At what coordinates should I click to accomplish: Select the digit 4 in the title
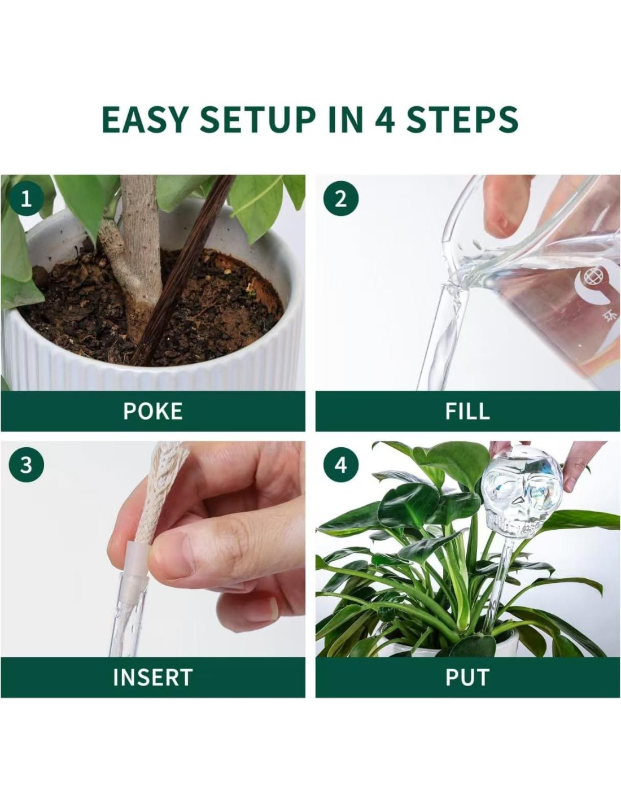click(x=384, y=119)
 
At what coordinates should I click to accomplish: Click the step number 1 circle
click(x=26, y=199)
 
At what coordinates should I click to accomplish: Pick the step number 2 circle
click(x=340, y=199)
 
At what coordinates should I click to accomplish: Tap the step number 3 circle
click(x=26, y=465)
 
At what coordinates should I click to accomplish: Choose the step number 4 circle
click(x=340, y=465)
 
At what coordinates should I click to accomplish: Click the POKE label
click(x=153, y=411)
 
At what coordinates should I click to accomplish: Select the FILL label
click(x=467, y=411)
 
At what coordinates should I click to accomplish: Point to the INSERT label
click(x=153, y=677)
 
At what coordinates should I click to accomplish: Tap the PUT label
click(x=467, y=677)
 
